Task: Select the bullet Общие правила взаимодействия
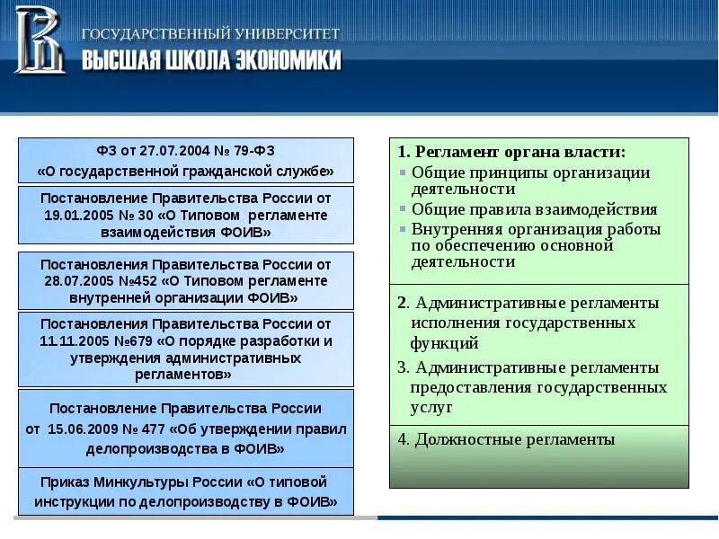click(534, 209)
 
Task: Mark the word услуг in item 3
click(431, 407)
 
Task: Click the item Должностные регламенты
click(506, 439)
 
